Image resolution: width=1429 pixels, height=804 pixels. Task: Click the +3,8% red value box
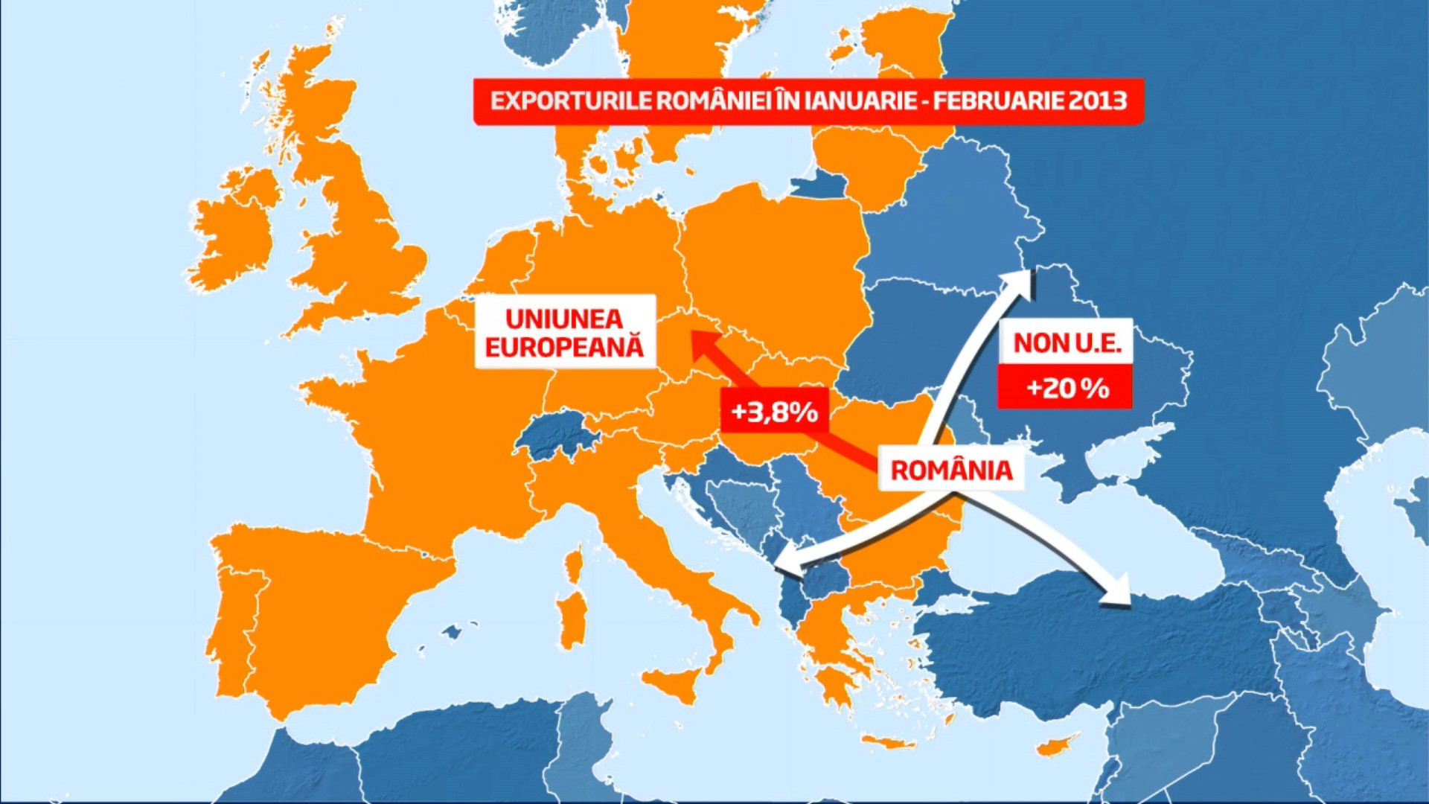pyautogui.click(x=774, y=411)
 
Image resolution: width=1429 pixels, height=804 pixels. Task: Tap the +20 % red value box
pyautogui.click(x=1065, y=387)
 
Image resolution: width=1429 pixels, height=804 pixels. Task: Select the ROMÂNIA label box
pyautogui.click(x=951, y=470)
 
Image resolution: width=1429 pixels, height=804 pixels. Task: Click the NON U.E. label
pyautogui.click(x=1065, y=343)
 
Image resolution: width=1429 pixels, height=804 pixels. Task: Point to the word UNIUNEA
pyautogui.click(x=564, y=319)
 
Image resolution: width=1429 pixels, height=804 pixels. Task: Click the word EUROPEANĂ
pyautogui.click(x=564, y=348)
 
